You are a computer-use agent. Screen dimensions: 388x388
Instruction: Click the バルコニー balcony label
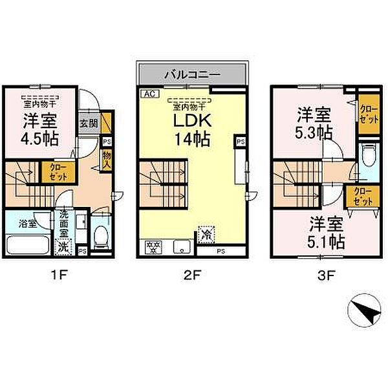(x=192, y=74)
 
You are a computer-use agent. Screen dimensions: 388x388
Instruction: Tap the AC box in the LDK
(x=148, y=93)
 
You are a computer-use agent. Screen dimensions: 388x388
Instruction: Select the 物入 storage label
(x=107, y=160)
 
